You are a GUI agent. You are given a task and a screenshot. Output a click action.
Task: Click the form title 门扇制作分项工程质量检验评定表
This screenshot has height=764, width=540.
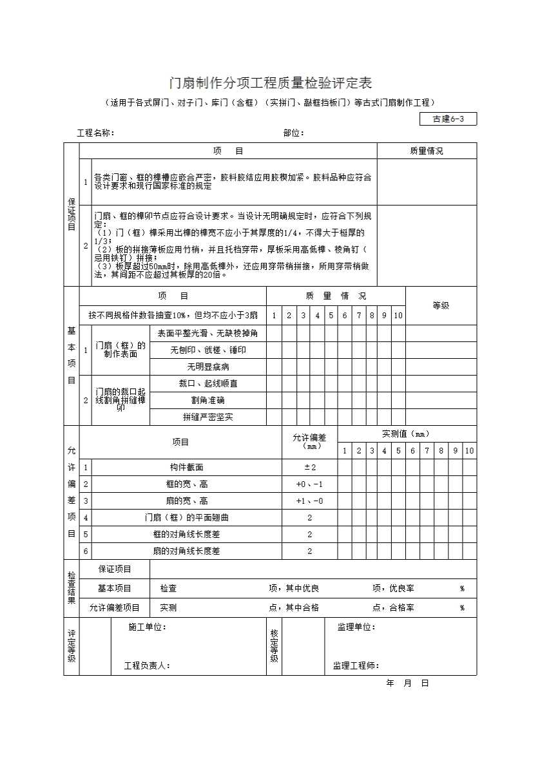270,83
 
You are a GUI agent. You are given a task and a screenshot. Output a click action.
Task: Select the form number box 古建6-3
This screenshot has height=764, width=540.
448,119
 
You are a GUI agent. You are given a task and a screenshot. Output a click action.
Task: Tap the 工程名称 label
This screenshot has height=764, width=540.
95,133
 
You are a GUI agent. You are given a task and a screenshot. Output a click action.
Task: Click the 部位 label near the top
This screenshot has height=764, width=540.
294,133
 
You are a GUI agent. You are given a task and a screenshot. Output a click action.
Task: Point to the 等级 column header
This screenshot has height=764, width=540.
441,305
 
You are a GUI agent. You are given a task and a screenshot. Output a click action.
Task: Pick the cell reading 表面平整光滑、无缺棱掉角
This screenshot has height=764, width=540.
207,333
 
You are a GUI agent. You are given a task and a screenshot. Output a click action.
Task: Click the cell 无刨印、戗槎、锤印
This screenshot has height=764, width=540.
207,350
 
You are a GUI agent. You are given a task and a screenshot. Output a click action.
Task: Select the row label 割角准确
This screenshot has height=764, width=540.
207,400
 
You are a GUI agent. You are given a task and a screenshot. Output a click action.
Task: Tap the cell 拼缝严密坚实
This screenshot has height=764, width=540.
207,417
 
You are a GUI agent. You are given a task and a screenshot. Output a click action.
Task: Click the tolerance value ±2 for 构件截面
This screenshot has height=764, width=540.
309,467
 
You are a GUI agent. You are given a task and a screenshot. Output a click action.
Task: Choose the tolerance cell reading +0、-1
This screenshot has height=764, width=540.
309,484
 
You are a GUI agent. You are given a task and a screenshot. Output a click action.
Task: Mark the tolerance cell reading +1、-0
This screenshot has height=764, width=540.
309,501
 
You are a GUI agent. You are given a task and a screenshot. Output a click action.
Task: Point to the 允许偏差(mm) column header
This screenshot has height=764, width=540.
309,441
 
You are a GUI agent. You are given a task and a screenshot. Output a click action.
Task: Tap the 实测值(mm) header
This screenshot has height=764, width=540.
406,434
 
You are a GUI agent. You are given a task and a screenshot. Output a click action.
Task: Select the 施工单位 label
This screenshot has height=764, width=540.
147,627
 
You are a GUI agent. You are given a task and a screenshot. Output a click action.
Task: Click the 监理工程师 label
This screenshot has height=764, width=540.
356,666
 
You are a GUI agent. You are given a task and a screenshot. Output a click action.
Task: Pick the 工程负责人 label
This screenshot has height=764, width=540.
147,666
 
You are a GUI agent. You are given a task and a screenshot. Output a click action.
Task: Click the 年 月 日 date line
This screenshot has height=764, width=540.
407,683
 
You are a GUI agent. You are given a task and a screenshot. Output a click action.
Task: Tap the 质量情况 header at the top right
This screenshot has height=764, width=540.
427,151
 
